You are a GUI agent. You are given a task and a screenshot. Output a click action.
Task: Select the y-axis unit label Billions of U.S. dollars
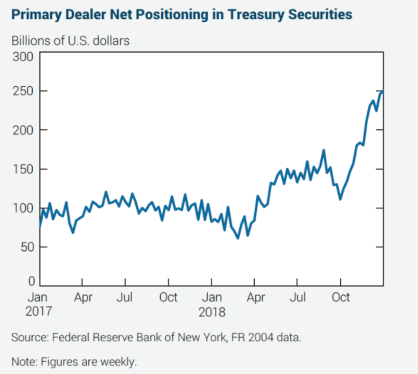click(x=70, y=41)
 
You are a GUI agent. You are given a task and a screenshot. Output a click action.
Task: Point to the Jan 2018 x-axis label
click(x=212, y=304)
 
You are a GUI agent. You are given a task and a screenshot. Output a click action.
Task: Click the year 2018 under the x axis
click(x=212, y=312)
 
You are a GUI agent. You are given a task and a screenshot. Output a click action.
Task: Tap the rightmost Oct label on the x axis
click(x=340, y=297)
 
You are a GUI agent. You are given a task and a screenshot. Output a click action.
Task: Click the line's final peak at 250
click(x=382, y=91)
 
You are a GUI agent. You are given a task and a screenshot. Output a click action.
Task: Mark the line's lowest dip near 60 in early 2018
click(x=238, y=238)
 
